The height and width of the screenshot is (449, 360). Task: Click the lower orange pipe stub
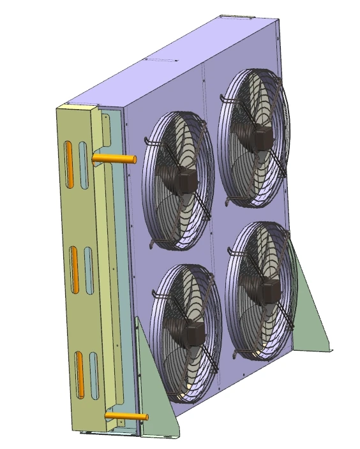click(x=124, y=416)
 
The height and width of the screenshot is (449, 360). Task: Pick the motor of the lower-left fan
click(x=191, y=332)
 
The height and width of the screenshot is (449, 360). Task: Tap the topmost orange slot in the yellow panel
click(x=68, y=165)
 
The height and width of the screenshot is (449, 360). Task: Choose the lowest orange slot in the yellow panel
click(x=80, y=373)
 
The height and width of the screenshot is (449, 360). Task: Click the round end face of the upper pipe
click(x=135, y=159)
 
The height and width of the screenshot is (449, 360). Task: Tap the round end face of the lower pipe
click(x=146, y=417)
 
